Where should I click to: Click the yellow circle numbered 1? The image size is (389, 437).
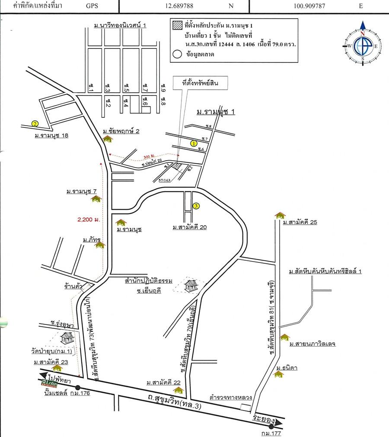pos(194,142)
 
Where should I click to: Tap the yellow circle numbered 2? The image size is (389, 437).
pos(35,123)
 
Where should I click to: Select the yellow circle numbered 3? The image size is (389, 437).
pos(196,206)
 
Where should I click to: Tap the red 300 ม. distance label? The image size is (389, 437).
pos(149,156)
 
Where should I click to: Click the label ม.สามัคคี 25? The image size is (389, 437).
pos(300,223)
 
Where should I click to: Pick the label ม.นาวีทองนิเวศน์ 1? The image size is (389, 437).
pos(120,26)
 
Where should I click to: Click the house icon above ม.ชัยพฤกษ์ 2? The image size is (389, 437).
pos(108,139)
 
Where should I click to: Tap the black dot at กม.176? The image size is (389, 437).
pos(77,387)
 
